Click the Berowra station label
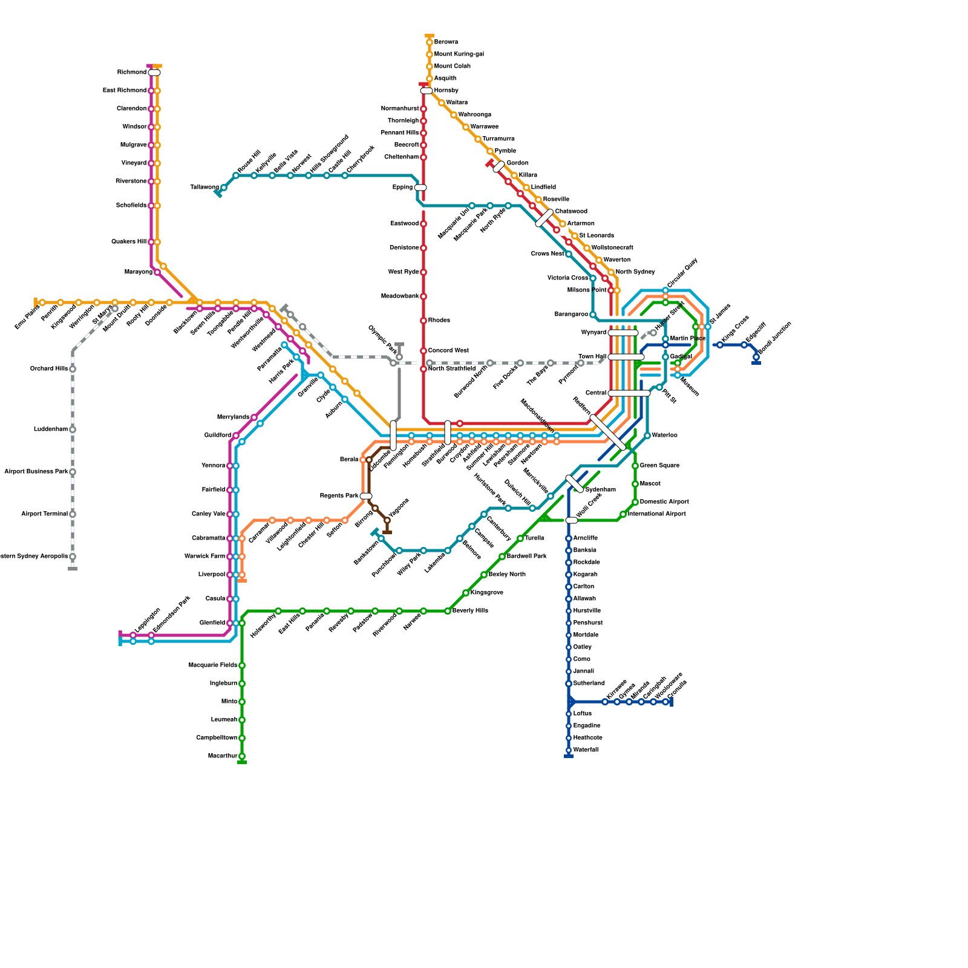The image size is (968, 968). tap(446, 42)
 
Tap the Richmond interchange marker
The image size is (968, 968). tap(154, 73)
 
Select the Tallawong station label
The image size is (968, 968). tap(204, 188)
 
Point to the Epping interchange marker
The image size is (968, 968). tap(420, 188)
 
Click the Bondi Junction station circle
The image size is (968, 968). tap(756, 357)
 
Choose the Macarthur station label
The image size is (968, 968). tap(222, 756)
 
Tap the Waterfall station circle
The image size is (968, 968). tap(569, 750)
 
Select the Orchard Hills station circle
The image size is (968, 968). tap(73, 369)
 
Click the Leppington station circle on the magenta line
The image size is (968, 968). tap(133, 635)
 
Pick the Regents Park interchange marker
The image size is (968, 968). tap(366, 496)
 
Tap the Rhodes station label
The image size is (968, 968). tap(439, 321)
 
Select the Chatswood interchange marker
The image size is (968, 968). tap(544, 218)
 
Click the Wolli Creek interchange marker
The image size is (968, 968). tap(572, 520)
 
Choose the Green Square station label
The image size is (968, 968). tap(659, 466)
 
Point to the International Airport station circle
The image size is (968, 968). tap(623, 514)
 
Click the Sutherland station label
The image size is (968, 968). tap(589, 684)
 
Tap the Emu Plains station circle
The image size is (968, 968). tap(42, 302)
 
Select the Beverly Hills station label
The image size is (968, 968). tap(470, 611)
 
